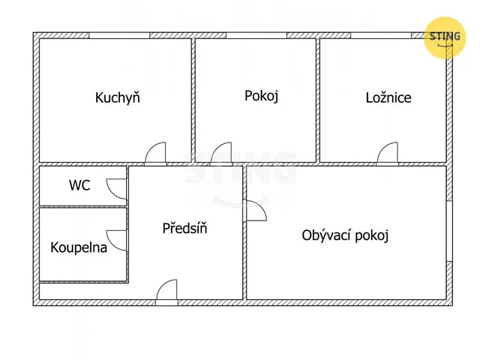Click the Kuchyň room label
(x=118, y=97)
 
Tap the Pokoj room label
(x=262, y=96)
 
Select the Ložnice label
(x=388, y=97)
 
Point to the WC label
(x=79, y=185)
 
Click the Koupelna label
(x=79, y=247)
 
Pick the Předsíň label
(x=184, y=228)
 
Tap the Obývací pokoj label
(x=345, y=235)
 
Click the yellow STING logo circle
(x=445, y=37)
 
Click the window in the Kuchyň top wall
(x=119, y=35)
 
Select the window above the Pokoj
(x=256, y=35)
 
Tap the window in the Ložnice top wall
(x=381, y=35)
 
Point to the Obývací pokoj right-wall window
(x=449, y=232)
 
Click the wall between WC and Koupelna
(x=83, y=207)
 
